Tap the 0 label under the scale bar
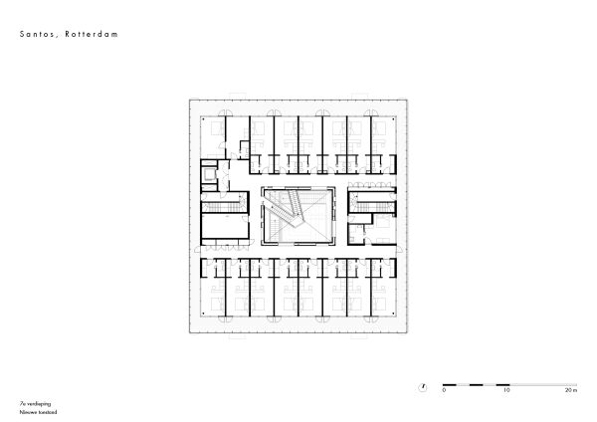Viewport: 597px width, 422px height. click(x=444, y=391)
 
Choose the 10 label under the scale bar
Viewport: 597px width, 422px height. click(x=506, y=391)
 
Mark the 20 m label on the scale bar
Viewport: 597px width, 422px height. click(x=569, y=391)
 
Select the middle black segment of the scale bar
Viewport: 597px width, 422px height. click(x=476, y=383)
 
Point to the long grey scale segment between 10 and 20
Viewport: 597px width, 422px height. click(x=538, y=383)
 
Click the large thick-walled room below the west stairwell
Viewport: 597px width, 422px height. click(x=225, y=228)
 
